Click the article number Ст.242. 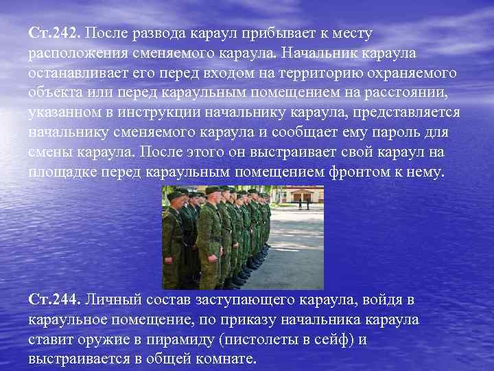[54, 33]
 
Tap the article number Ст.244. [54, 300]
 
